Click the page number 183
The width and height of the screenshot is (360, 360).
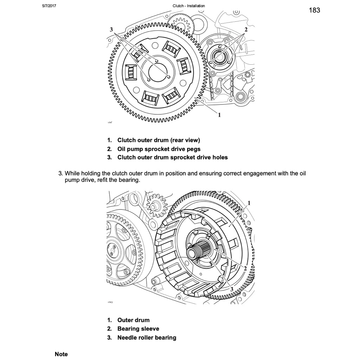click(314, 10)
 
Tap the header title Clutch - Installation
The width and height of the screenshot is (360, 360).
click(189, 6)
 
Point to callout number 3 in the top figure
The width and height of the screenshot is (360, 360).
click(111, 30)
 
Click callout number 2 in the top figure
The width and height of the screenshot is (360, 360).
click(246, 30)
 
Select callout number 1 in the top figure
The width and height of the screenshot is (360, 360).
click(219, 115)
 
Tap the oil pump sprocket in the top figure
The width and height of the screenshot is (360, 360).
click(220, 55)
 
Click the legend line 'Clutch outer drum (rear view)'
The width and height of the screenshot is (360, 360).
click(158, 140)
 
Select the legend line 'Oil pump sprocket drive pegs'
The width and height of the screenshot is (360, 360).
click(159, 149)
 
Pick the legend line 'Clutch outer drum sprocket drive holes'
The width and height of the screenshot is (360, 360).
click(172, 157)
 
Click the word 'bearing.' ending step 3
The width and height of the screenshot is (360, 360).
click(129, 180)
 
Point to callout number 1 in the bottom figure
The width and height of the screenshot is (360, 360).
click(249, 203)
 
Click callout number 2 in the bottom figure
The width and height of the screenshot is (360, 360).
click(245, 268)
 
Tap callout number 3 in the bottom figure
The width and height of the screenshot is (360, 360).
click(232, 289)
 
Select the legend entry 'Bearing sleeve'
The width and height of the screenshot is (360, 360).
click(138, 329)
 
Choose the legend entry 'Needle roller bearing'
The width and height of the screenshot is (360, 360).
click(147, 337)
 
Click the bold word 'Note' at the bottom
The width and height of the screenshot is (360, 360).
click(61, 354)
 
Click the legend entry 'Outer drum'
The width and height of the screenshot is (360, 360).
click(133, 320)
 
